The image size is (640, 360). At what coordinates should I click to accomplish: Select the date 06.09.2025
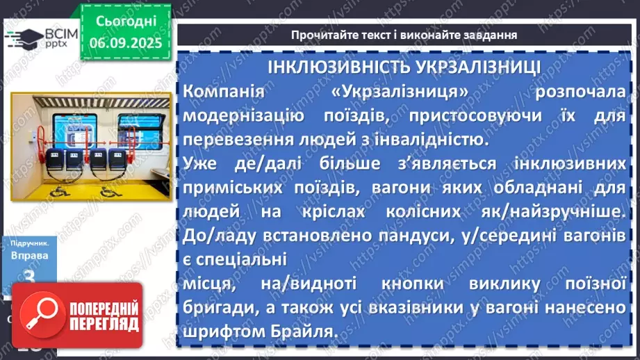[126, 41]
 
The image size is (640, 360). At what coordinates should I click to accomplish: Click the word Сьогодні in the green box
[126, 22]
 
